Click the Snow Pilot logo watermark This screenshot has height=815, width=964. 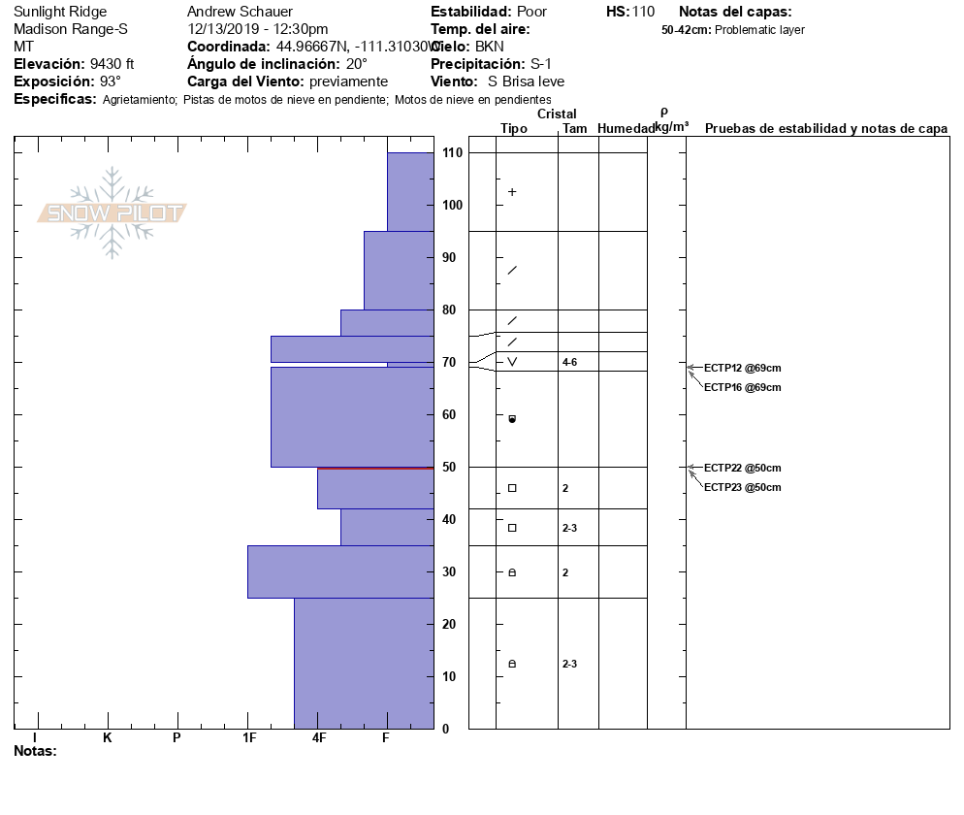(112, 212)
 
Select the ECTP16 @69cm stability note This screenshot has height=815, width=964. (742, 388)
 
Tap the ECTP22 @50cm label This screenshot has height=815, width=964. (742, 468)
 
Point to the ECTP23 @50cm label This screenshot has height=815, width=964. (742, 487)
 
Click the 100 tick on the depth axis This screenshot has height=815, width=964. (451, 206)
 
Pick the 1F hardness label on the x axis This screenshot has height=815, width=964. (249, 738)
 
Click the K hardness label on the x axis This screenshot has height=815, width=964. (108, 738)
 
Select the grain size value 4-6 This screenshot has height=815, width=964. (571, 362)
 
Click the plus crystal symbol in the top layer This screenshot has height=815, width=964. (512, 192)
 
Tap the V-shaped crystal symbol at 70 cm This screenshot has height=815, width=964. (512, 362)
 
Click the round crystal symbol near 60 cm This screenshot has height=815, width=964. (512, 419)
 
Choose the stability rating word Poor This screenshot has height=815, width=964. (531, 12)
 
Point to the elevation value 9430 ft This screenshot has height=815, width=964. (112, 64)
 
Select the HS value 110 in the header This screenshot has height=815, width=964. (643, 12)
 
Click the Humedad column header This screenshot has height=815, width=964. (626, 129)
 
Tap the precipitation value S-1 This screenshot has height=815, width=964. (547, 64)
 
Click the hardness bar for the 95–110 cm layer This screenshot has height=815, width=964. (410, 191)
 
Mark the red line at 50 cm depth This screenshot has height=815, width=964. (375, 469)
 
